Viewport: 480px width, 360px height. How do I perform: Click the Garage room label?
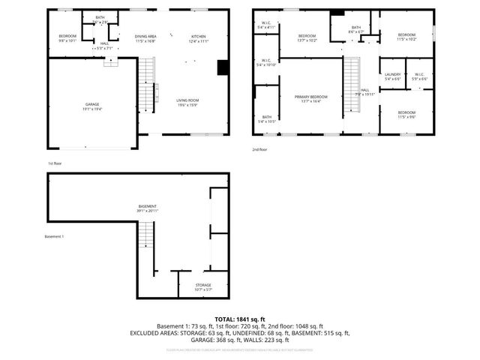tap(92, 106)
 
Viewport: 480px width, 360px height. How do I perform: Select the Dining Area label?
tap(145, 38)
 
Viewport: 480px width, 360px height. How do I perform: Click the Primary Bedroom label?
tap(310, 99)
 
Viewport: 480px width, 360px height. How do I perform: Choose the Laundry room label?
tap(392, 76)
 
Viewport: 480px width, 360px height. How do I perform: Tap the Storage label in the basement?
tap(203, 286)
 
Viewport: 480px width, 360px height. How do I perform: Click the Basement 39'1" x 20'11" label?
tap(147, 208)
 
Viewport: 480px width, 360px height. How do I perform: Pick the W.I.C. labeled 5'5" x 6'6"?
tap(419, 76)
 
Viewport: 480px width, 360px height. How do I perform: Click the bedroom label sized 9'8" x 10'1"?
tap(67, 38)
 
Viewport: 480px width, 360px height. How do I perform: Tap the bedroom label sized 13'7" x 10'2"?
tap(307, 38)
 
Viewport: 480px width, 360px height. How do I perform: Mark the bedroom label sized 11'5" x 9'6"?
tap(406, 114)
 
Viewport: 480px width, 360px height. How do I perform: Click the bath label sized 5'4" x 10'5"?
tap(266, 118)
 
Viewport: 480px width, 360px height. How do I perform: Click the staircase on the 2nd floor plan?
tap(350, 86)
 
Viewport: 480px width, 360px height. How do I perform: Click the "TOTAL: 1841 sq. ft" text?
tap(240, 319)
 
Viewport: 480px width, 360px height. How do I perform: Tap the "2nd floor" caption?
tap(260, 150)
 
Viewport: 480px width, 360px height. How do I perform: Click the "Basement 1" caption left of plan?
tap(55, 237)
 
